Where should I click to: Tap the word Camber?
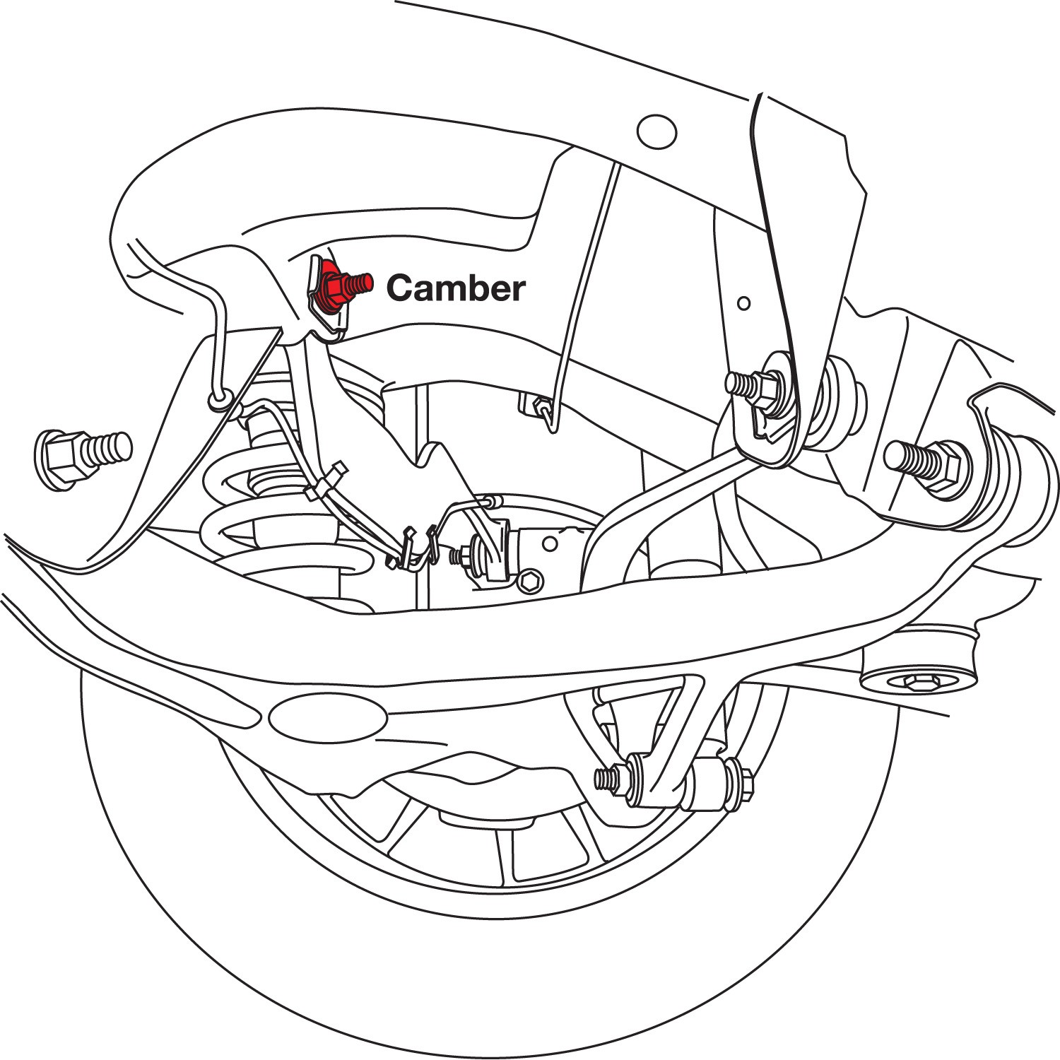[456, 288]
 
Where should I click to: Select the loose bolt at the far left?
[82, 455]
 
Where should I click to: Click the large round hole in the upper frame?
[656, 131]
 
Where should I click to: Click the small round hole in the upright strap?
[743, 303]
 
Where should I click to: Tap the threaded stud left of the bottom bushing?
[609, 779]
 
